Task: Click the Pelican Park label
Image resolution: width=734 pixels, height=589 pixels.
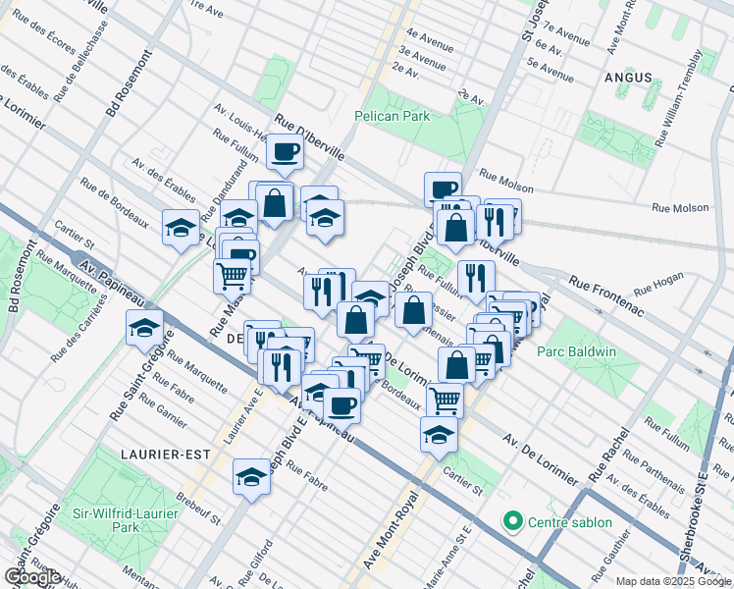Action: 393,116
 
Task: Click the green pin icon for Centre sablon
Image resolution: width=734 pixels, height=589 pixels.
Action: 510,520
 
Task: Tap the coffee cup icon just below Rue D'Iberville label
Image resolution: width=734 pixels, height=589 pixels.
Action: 286,152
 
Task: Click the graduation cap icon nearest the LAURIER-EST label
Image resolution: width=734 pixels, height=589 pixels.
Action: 251,478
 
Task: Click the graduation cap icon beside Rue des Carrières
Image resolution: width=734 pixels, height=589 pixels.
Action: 144,327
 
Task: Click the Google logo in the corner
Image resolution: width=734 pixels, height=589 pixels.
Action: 32,578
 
